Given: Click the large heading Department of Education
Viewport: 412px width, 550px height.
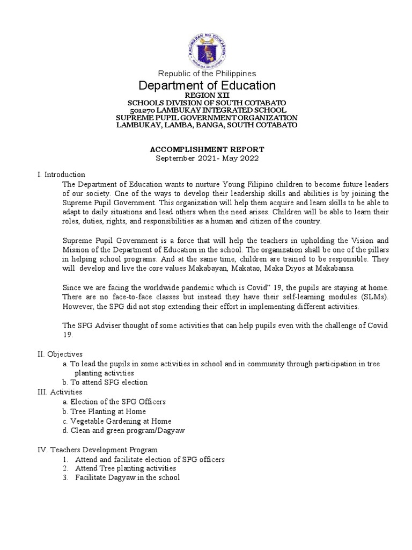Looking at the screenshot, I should pos(207,85).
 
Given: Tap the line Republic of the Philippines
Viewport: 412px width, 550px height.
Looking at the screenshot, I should pos(207,73).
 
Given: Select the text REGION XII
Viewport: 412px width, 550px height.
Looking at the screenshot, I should pos(207,95).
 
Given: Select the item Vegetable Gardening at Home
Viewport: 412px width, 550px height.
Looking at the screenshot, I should pos(121,421).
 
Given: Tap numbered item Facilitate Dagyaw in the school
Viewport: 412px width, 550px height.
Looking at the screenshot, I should pos(127,477).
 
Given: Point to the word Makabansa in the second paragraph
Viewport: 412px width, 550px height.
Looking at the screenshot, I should pos(334,268).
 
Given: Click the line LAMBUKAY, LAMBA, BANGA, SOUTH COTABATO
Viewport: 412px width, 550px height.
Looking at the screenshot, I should pos(207,125).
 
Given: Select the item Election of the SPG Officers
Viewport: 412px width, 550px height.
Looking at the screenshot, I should pos(118,402).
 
